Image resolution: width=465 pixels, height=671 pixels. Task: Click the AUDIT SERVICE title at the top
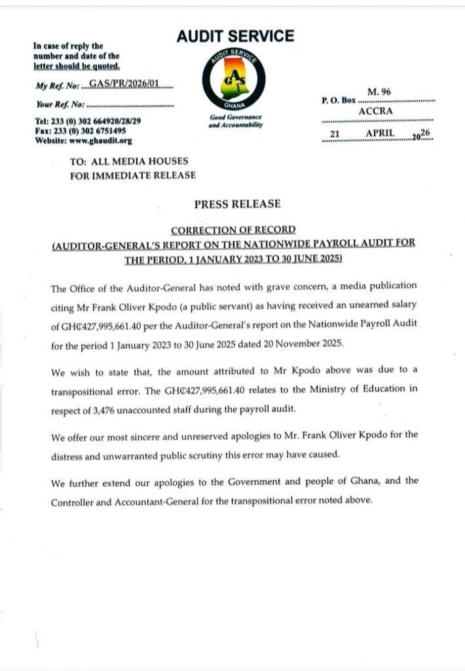(235, 37)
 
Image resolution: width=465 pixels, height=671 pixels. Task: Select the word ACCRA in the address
(376, 111)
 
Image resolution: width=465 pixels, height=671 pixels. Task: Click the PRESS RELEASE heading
(237, 204)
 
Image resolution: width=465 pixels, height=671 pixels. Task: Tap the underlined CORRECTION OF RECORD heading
(233, 230)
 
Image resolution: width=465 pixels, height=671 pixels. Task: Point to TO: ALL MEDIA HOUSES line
(129, 161)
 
